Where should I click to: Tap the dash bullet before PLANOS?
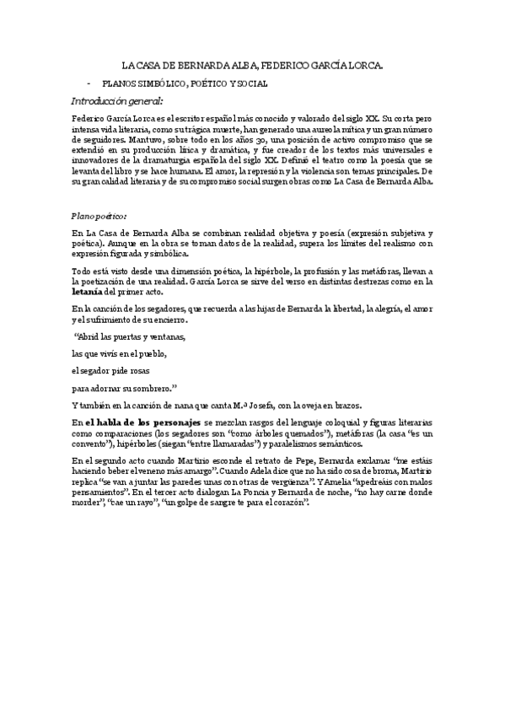(x=89, y=84)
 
